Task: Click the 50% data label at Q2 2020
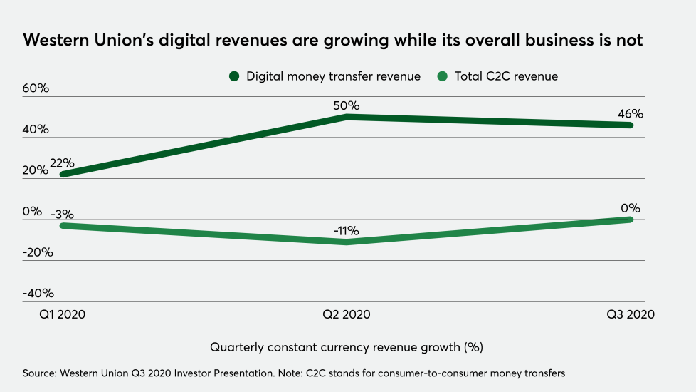[x=347, y=105]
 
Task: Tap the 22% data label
[x=63, y=163]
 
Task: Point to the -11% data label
[x=347, y=230]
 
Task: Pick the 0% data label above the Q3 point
[x=631, y=208]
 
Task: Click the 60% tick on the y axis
[x=35, y=88]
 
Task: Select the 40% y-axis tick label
[x=35, y=130]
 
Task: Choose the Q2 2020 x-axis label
[x=347, y=314]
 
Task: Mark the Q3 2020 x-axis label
[x=631, y=314]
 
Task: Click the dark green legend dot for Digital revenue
[x=234, y=76]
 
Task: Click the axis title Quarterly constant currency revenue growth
[x=347, y=347]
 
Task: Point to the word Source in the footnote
[x=41, y=373]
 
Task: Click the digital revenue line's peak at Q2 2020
[x=347, y=116]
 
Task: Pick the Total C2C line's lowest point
[x=347, y=242]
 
